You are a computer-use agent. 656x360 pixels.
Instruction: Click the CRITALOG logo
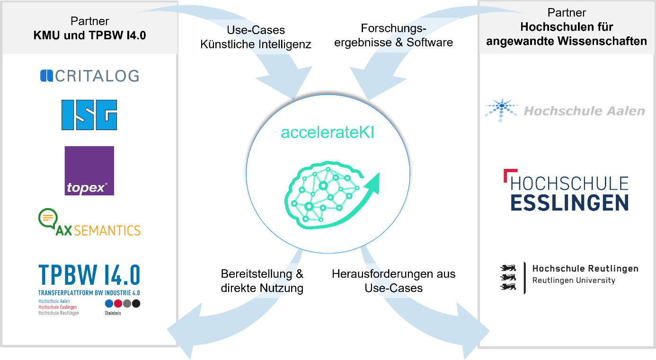(89, 76)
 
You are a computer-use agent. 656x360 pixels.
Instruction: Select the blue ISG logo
(89, 115)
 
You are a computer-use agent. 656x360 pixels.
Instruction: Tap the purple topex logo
(89, 171)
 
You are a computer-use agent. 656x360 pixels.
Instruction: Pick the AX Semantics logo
(89, 223)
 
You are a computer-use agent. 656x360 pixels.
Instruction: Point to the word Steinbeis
(113, 313)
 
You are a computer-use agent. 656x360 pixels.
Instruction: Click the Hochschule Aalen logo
(564, 111)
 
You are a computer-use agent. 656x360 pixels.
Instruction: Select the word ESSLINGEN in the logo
(569, 202)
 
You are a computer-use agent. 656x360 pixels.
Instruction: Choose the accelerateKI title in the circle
(328, 132)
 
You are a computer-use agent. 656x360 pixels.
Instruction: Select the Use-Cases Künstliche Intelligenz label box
(256, 37)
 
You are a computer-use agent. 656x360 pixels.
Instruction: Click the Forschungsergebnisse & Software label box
(393, 35)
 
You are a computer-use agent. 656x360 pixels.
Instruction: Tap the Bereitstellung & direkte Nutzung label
(262, 281)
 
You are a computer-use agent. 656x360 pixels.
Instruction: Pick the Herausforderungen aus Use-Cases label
(393, 281)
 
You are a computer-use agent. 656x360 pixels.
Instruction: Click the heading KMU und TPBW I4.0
(89, 35)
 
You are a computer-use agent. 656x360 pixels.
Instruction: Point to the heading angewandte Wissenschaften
(567, 41)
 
